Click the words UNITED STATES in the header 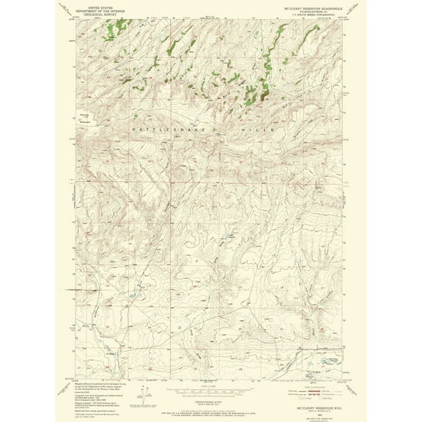point(98,5)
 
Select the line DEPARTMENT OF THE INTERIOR point(98,9)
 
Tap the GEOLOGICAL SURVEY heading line point(98,12)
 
